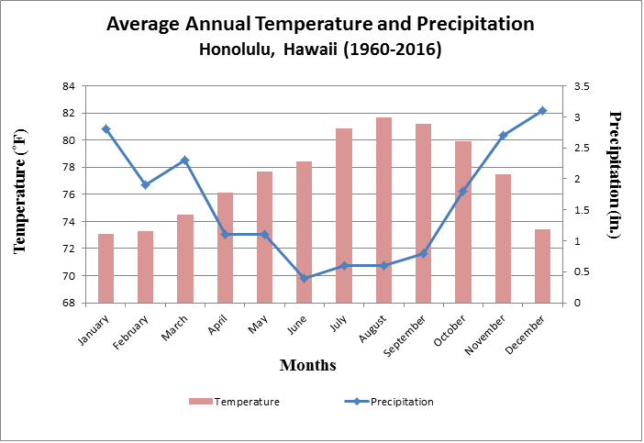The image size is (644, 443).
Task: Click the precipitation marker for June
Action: pos(305,278)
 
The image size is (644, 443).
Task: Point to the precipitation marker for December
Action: pos(542,111)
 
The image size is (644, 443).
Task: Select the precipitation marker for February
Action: pos(145,184)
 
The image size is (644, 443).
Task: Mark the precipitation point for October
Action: pos(463,191)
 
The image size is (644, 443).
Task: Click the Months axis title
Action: pos(307,366)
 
